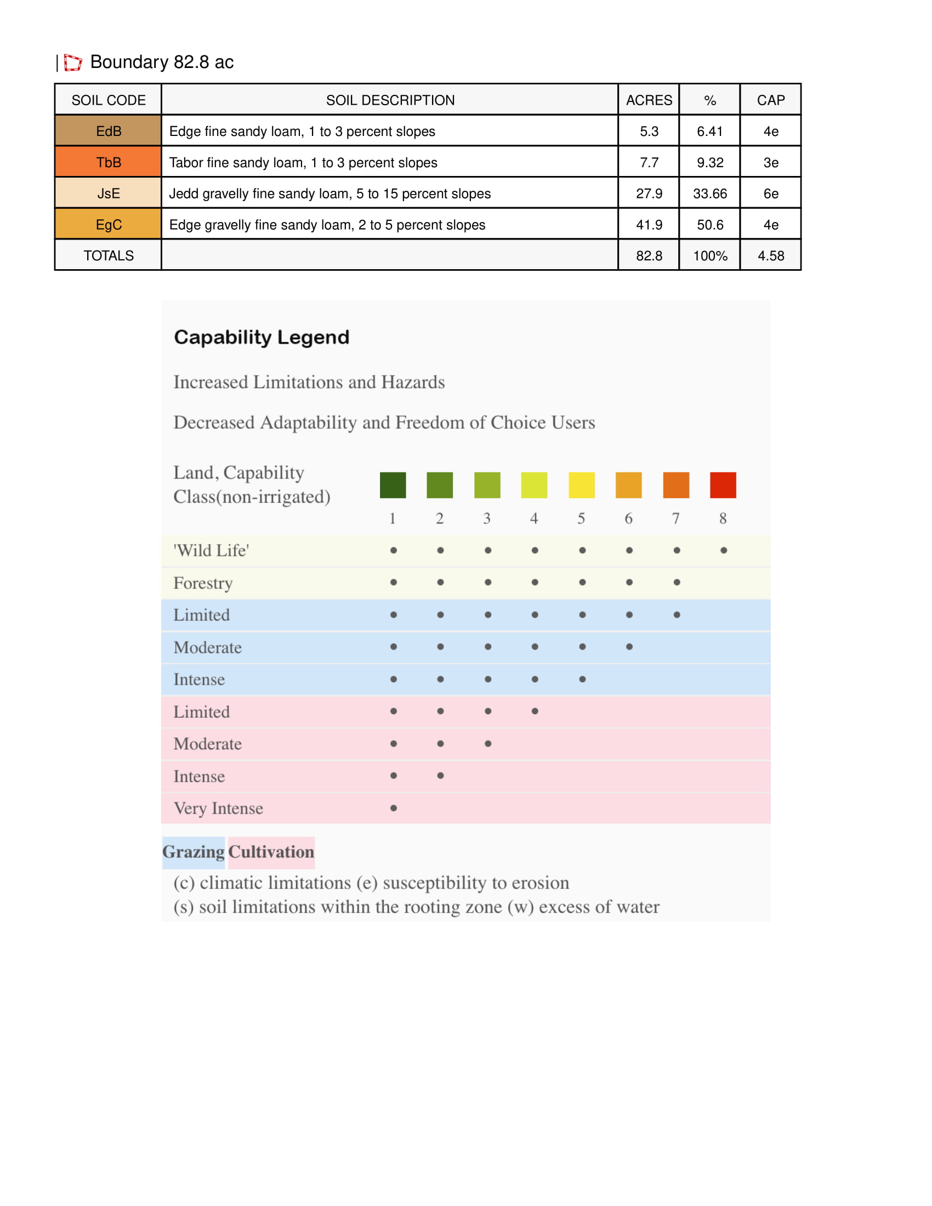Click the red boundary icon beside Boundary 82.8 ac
click(x=72, y=62)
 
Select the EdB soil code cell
click(x=108, y=132)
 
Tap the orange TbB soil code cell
click(x=108, y=162)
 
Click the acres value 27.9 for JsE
click(x=649, y=194)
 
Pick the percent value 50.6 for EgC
click(x=709, y=225)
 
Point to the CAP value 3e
click(x=770, y=162)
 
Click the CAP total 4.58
click(x=770, y=255)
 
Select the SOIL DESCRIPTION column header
click(x=390, y=100)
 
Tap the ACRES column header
click(x=649, y=100)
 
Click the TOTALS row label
click(x=108, y=255)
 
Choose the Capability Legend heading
click(x=261, y=337)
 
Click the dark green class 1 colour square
click(x=393, y=485)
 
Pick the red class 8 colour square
click(x=723, y=485)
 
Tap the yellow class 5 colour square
click(x=581, y=485)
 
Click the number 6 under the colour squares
click(x=628, y=518)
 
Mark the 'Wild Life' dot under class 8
click(x=723, y=550)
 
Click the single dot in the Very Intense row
click(x=393, y=808)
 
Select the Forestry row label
click(x=203, y=583)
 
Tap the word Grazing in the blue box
click(x=193, y=851)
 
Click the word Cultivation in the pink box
click(x=271, y=851)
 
